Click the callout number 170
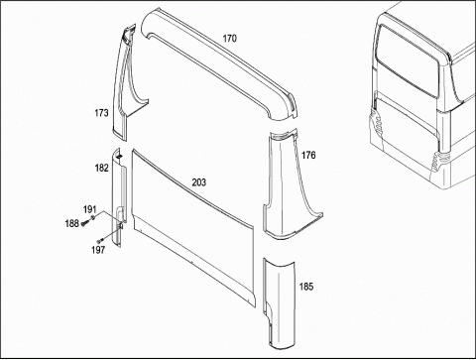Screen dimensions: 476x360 [x=229, y=39]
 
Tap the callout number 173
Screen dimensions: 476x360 [x=101, y=113]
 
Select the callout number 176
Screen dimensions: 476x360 [x=308, y=155]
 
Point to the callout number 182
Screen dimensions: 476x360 [x=101, y=168]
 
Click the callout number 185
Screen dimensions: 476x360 [x=306, y=287]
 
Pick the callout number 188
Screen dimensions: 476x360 [x=71, y=224]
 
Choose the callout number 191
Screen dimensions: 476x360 [x=89, y=209]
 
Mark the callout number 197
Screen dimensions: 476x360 [x=98, y=250]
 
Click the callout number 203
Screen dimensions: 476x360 [x=199, y=182]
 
